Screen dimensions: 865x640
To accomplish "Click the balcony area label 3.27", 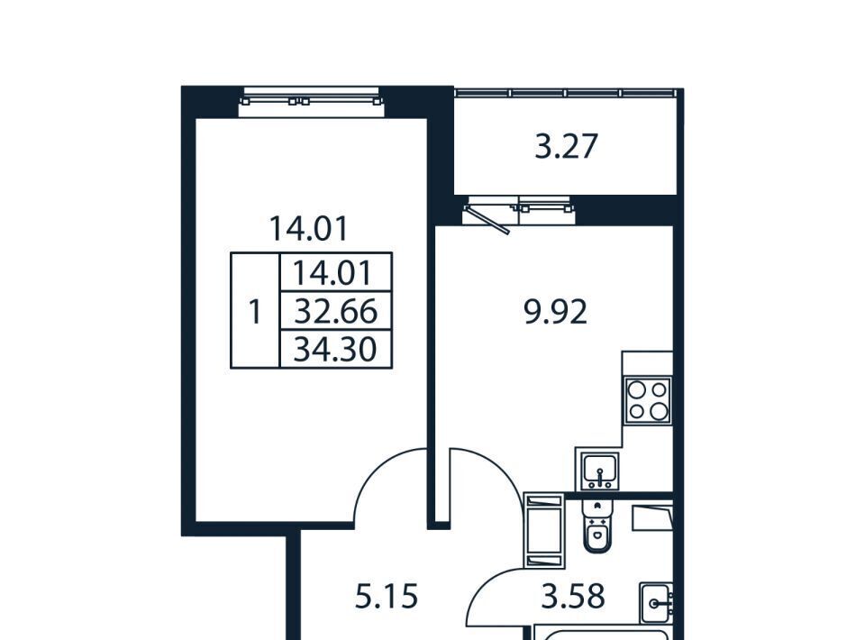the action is click(567, 147).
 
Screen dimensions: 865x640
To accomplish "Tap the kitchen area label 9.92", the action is click(556, 312).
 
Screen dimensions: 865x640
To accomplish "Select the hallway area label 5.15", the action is click(387, 597).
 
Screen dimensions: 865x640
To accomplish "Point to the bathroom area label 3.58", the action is click(573, 597).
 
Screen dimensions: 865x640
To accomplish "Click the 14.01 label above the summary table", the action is click(309, 228).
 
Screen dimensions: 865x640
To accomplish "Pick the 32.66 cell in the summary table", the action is click(336, 311).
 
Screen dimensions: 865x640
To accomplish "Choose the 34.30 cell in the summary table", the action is click(335, 349).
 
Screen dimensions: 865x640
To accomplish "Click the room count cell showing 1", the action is click(255, 312).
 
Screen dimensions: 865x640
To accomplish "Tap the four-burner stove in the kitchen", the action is click(648, 400).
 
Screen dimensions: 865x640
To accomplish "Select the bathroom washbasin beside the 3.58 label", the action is click(657, 603).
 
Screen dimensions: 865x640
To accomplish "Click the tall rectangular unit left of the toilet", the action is click(544, 531).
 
